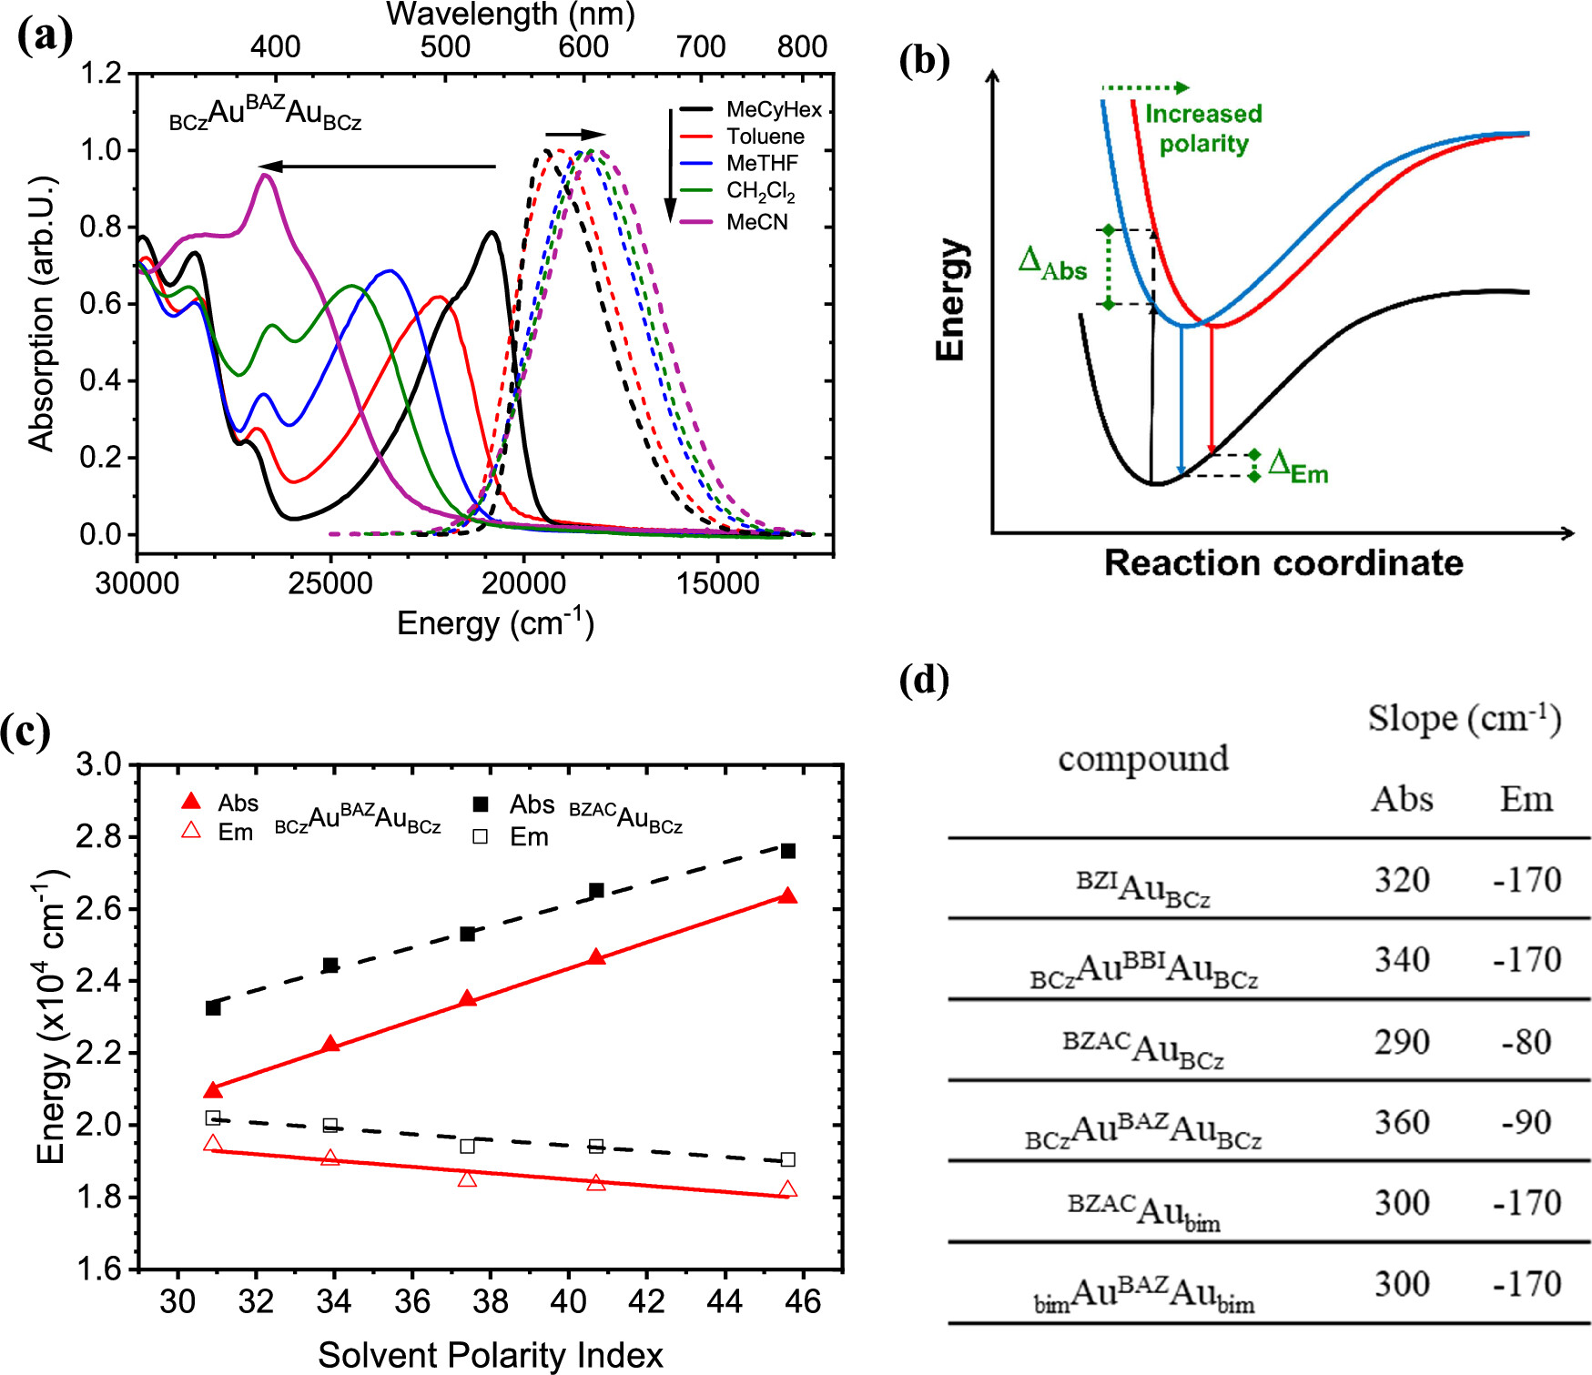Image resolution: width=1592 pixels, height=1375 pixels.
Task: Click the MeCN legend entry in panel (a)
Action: click(x=756, y=223)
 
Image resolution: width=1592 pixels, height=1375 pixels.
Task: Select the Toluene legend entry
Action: click(x=765, y=137)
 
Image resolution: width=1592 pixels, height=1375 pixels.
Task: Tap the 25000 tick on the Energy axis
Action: click(x=330, y=583)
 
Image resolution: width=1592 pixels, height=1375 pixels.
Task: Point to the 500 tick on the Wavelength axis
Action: click(x=445, y=46)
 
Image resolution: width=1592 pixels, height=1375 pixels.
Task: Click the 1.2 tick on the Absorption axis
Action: click(x=101, y=73)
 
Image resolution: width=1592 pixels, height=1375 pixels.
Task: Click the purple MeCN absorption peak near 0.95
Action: click(x=265, y=174)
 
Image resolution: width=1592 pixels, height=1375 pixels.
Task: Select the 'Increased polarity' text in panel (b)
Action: click(x=1203, y=128)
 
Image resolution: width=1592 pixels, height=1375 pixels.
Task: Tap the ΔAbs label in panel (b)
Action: click(x=1052, y=263)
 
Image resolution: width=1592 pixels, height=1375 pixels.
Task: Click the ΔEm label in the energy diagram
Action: click(x=1299, y=467)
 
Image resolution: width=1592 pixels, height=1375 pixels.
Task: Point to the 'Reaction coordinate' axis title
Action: click(x=1283, y=563)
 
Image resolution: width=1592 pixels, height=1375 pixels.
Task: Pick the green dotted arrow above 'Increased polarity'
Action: click(x=1145, y=87)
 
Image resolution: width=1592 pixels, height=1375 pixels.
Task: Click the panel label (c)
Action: click(x=25, y=732)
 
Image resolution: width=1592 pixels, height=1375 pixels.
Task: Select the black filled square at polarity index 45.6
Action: click(x=788, y=851)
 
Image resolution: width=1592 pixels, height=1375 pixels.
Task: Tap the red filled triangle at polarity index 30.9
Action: click(x=213, y=1090)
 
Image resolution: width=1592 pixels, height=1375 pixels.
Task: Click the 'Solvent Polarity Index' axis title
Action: click(x=490, y=1355)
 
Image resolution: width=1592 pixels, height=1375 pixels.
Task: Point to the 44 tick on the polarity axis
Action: click(x=725, y=1302)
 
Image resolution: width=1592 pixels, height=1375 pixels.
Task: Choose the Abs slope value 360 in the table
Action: click(x=1402, y=1122)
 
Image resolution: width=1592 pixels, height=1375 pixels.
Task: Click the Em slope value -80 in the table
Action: click(x=1526, y=1042)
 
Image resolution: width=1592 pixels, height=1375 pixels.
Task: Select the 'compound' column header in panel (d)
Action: click(x=1143, y=758)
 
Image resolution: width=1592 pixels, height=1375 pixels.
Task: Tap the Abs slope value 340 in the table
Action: click(x=1402, y=960)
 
